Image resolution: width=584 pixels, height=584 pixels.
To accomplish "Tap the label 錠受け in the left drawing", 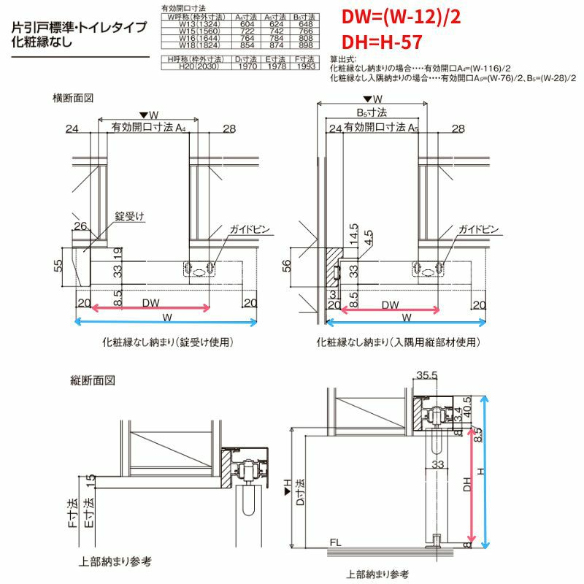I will (x=131, y=217).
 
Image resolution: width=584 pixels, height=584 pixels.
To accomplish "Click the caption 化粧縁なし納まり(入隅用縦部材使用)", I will (x=399, y=342).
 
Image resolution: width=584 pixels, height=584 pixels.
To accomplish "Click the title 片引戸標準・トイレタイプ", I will (x=79, y=27).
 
